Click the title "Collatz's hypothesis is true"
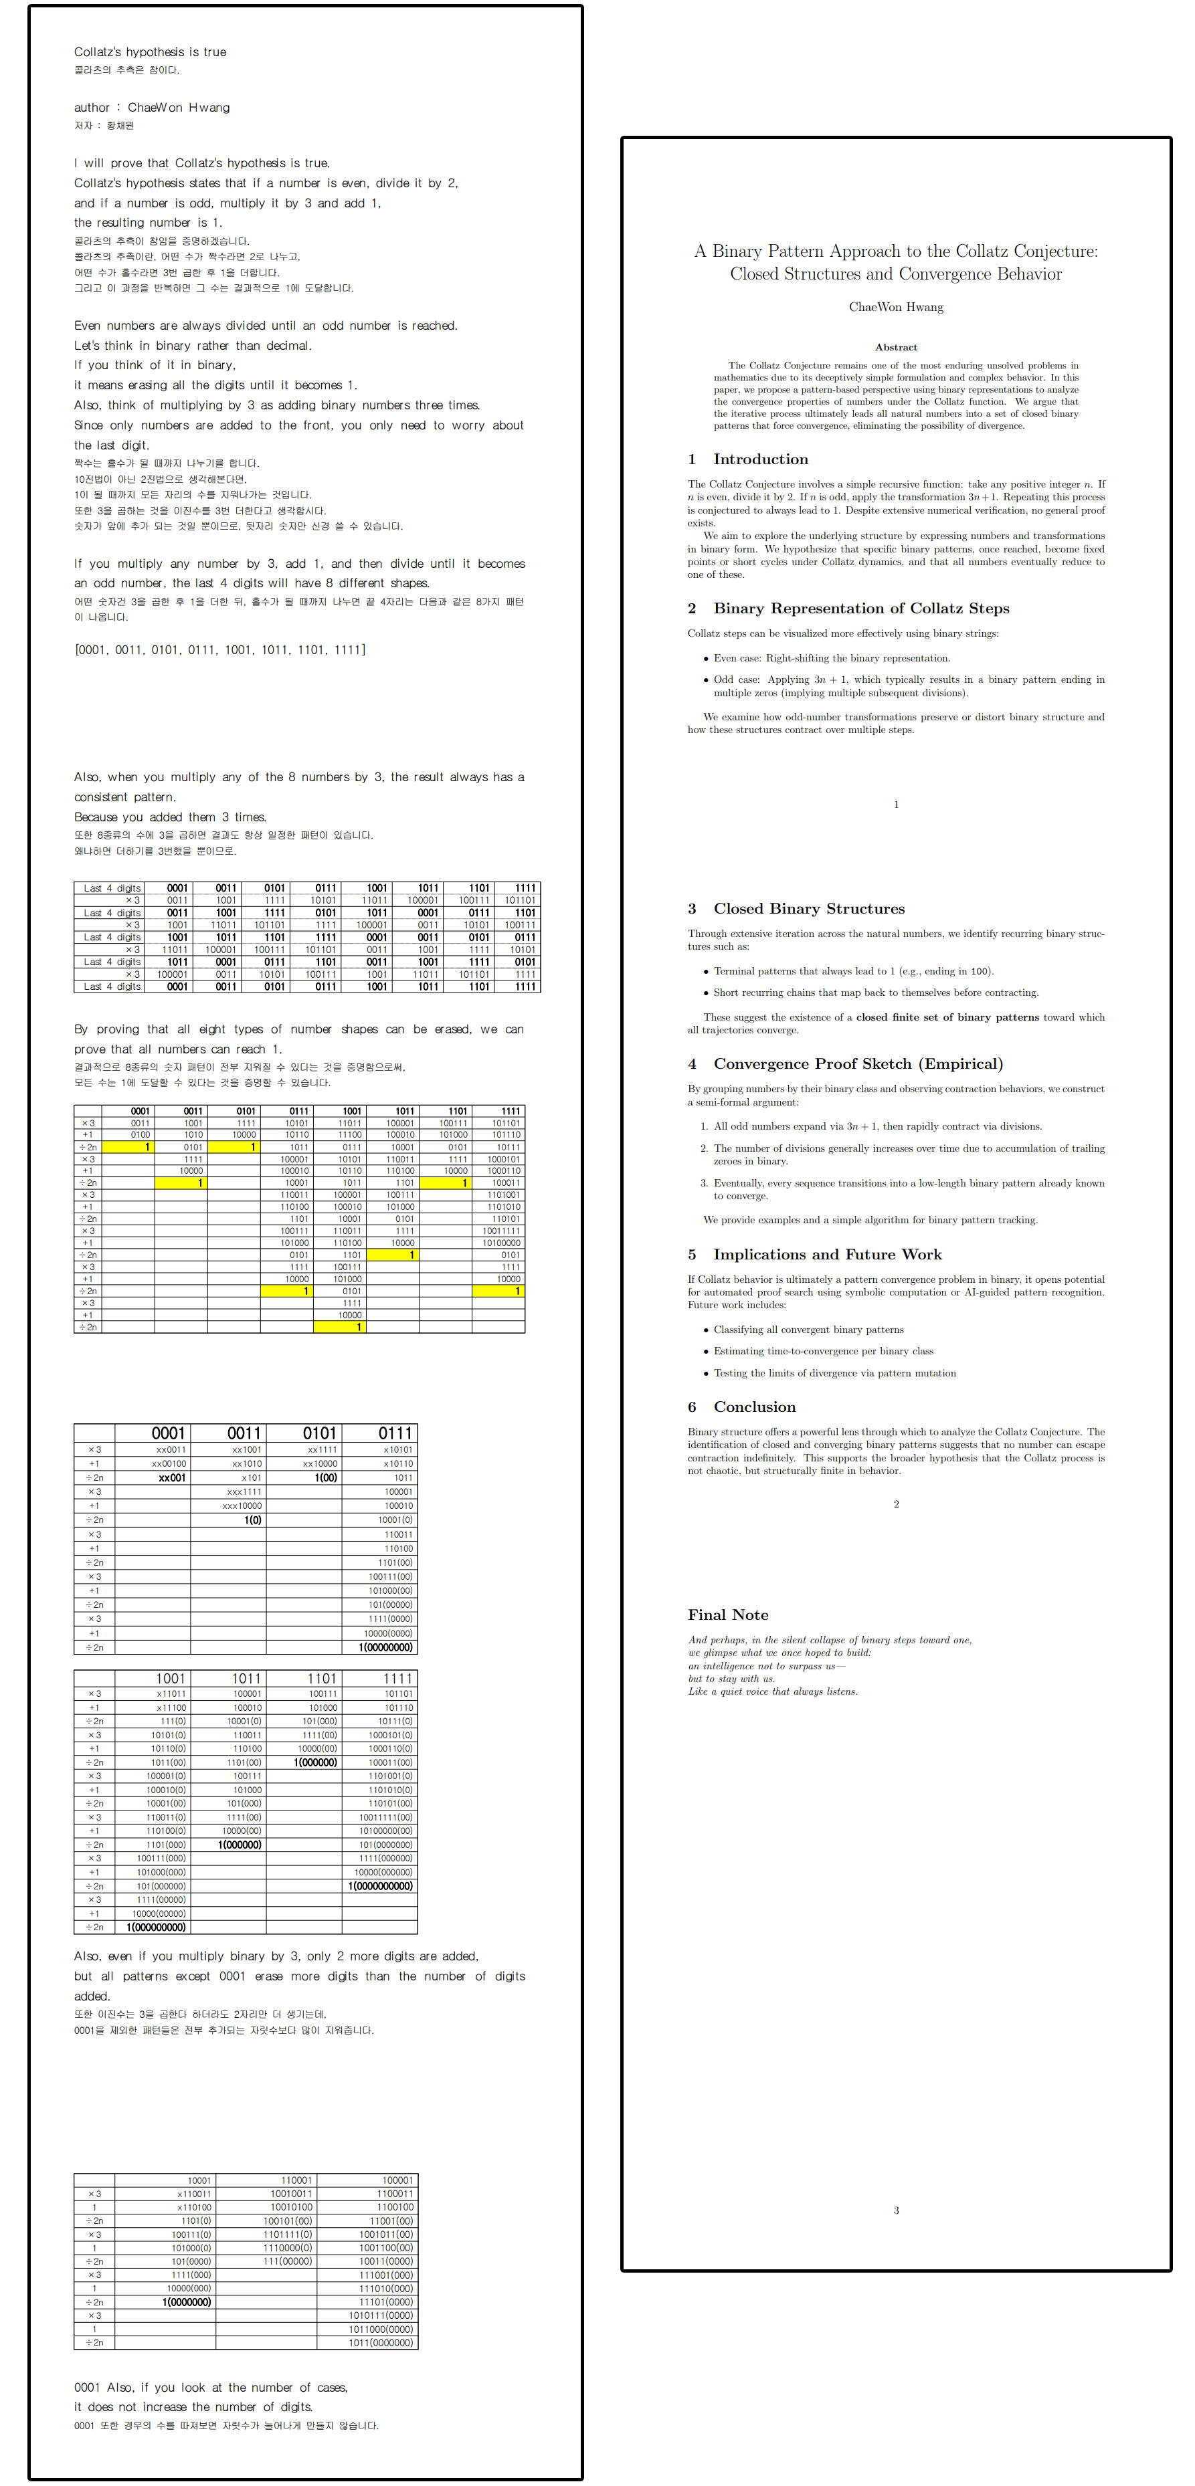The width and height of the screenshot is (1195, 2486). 150,52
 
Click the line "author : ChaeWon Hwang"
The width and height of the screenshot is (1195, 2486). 151,107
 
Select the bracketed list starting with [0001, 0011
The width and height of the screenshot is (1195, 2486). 219,649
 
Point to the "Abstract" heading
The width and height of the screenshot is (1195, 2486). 895,347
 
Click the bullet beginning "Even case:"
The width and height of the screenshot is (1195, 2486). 831,658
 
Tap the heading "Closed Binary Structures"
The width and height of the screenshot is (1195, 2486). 808,908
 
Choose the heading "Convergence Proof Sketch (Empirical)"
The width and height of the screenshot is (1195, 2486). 857,1063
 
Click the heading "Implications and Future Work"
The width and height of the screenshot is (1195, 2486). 826,1255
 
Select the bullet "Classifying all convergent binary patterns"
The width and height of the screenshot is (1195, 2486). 808,1330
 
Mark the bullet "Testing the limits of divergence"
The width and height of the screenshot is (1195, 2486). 834,1373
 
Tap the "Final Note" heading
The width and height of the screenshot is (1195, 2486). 728,1615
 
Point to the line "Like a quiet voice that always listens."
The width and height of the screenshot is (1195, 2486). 772,1691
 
